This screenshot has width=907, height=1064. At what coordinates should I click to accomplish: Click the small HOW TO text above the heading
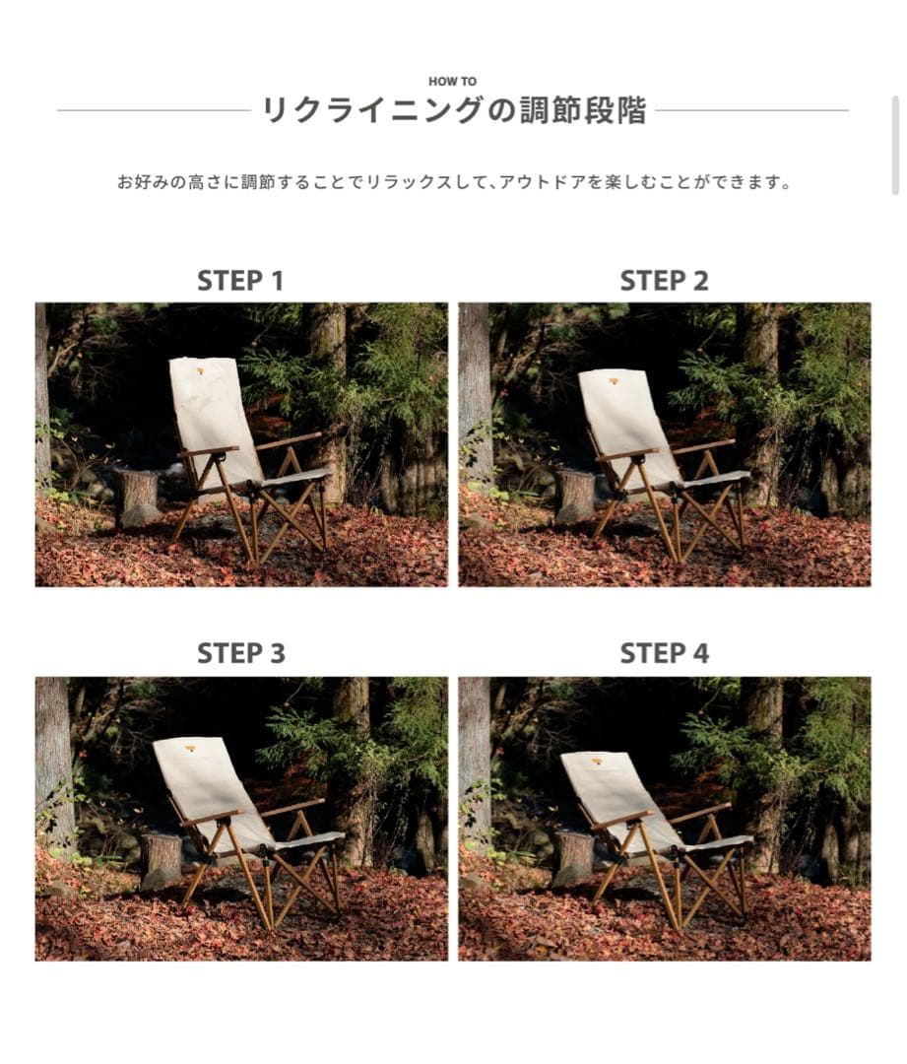click(453, 82)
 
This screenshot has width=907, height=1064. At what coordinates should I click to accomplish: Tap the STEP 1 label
click(240, 281)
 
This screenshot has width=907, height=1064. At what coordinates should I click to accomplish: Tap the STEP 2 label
click(664, 281)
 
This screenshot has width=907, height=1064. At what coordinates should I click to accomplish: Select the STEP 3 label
click(240, 653)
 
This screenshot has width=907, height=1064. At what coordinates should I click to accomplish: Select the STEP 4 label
click(664, 653)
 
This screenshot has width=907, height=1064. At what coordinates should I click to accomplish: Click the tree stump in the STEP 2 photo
click(574, 496)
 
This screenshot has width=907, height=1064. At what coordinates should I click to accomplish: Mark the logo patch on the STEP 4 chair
click(597, 761)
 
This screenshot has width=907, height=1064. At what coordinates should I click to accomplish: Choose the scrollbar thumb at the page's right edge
click(895, 145)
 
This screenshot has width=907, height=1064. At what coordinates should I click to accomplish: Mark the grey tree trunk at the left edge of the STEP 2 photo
click(474, 394)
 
